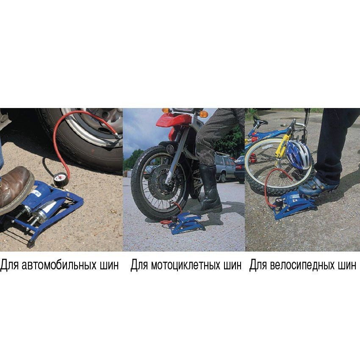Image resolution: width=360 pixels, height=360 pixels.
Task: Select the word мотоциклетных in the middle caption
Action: click(185, 265)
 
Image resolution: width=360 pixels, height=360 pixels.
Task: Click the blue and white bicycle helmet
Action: click(298, 155)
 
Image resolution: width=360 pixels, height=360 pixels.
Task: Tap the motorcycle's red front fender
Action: click(174, 120)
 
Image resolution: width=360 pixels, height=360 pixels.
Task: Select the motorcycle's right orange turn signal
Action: click(203, 114)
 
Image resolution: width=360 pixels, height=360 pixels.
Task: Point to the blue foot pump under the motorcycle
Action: click(186, 223)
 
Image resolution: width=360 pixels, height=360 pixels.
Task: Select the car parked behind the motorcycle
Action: click(224, 168)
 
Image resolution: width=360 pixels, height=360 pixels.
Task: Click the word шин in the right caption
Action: click(347, 265)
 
